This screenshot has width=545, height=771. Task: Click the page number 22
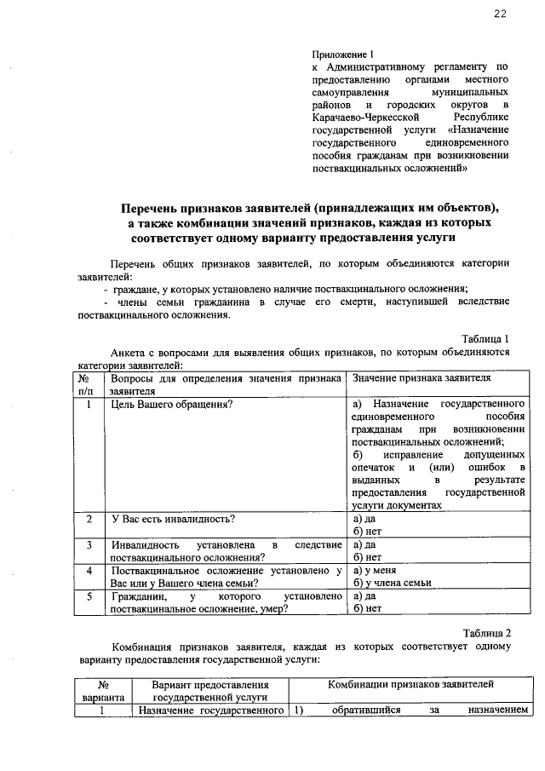[x=500, y=14]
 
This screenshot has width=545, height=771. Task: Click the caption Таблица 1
[x=485, y=338]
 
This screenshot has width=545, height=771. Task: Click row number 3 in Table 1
[x=89, y=544]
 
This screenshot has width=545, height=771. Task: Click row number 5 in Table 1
[x=89, y=596]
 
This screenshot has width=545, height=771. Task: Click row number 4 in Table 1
[x=89, y=570]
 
